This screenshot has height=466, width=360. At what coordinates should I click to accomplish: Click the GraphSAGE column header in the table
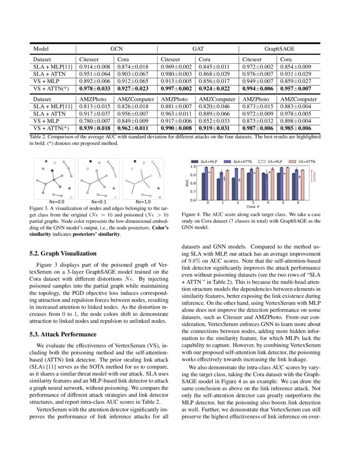pos(279,49)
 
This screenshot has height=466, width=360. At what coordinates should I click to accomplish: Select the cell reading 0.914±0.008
pos(95,67)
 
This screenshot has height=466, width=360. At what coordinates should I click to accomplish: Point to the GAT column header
pos(198,49)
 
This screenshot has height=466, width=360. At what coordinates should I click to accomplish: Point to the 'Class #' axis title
pos(253,207)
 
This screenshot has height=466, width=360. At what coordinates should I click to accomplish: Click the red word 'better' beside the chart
pos(315,176)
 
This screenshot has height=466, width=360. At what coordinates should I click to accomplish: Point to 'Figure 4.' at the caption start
pos(191,215)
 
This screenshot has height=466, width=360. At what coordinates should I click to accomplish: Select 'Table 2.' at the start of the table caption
pos(40,137)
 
